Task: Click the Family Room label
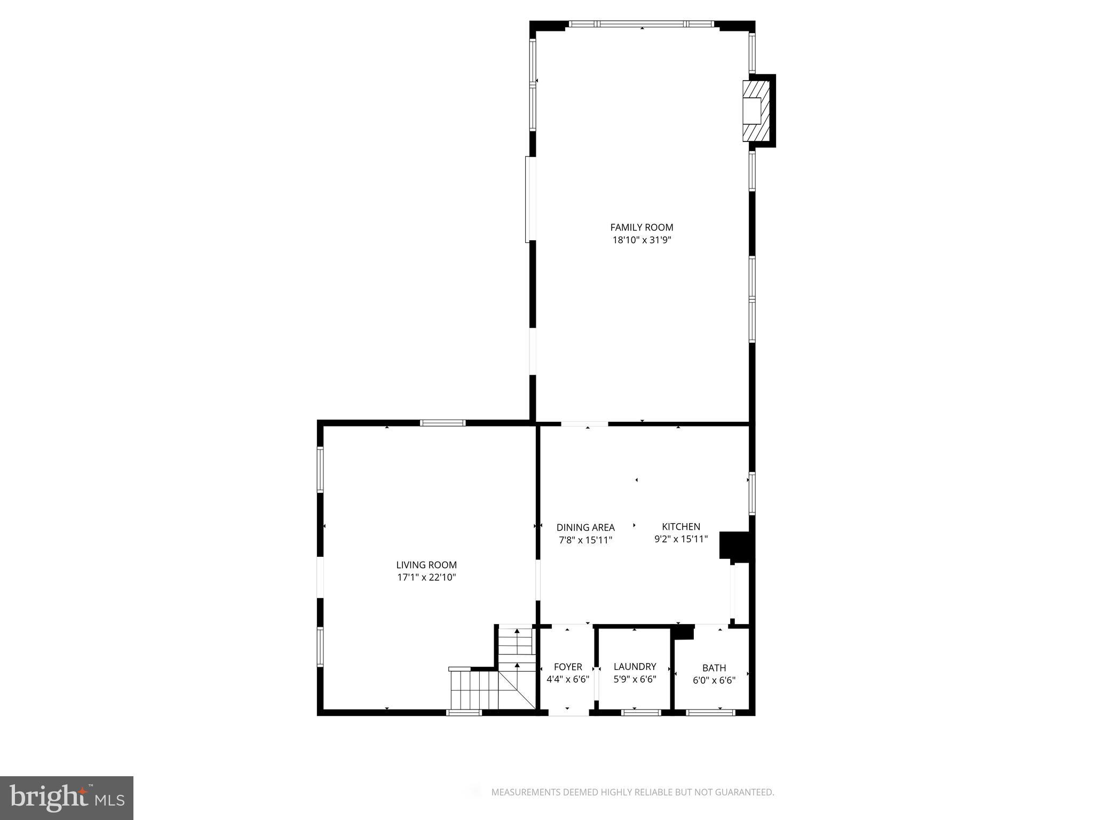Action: click(641, 227)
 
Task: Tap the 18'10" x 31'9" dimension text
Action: click(641, 240)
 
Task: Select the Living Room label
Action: click(426, 565)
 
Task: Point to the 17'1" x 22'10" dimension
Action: click(426, 578)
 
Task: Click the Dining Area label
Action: click(585, 527)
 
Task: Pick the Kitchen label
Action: click(681, 527)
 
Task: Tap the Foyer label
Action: click(568, 667)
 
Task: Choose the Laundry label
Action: click(635, 667)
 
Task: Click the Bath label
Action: click(714, 668)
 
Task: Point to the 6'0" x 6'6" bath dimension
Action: click(714, 681)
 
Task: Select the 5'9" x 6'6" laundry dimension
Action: click(635, 680)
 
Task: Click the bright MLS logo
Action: click(67, 798)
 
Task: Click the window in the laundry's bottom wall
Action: click(641, 712)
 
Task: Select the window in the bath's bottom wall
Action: click(710, 712)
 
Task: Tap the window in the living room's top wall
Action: click(442, 423)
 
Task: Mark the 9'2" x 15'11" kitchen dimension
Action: click(681, 539)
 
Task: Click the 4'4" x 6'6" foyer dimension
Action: click(568, 680)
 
